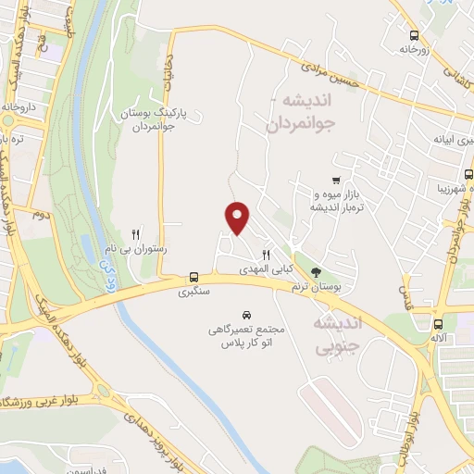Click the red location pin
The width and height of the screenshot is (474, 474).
click(x=238, y=217)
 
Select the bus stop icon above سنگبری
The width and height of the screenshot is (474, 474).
click(x=193, y=277)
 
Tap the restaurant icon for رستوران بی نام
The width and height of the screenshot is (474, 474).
click(x=136, y=235)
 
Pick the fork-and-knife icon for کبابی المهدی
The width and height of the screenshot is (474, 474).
click(x=266, y=255)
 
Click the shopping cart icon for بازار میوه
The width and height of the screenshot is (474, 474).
click(x=335, y=181)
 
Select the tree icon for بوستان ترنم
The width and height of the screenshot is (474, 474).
click(x=317, y=273)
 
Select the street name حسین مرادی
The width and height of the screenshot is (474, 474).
click(x=333, y=80)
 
